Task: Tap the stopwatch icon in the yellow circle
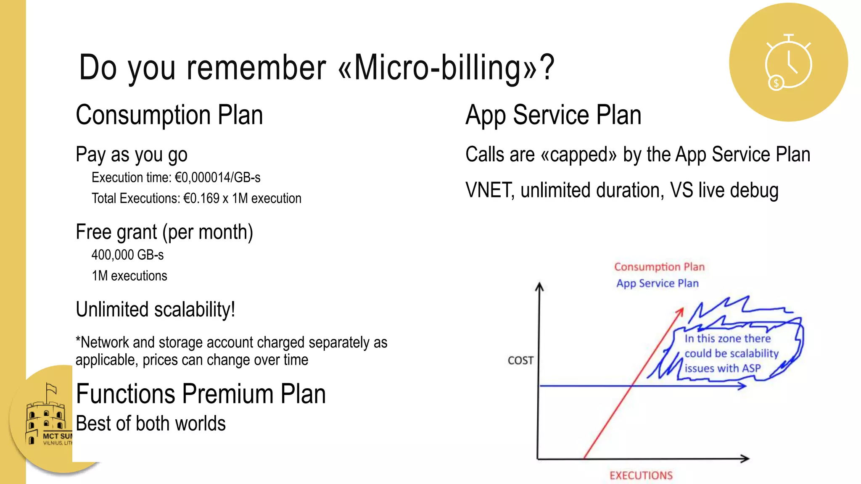click(788, 63)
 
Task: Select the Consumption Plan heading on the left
click(169, 115)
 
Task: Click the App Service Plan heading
click(553, 115)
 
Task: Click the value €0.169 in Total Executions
click(201, 198)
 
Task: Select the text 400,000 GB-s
click(127, 255)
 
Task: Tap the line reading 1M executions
click(129, 276)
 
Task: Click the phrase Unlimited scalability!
click(155, 310)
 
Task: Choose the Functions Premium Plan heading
click(201, 394)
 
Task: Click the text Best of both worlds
click(151, 423)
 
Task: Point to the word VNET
click(489, 190)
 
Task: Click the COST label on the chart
click(520, 360)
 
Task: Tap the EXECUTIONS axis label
click(641, 476)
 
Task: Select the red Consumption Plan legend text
click(659, 267)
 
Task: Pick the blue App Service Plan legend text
click(657, 284)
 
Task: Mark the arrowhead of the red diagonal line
click(681, 311)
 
